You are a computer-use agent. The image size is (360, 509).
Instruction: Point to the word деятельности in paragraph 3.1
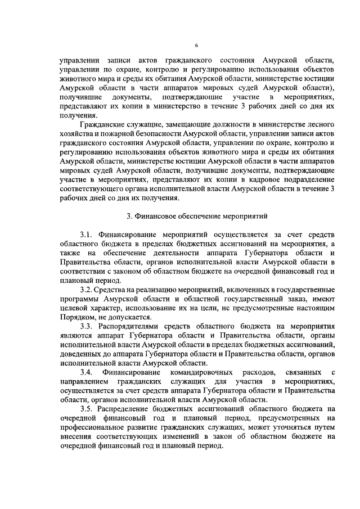(x=170, y=252)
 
